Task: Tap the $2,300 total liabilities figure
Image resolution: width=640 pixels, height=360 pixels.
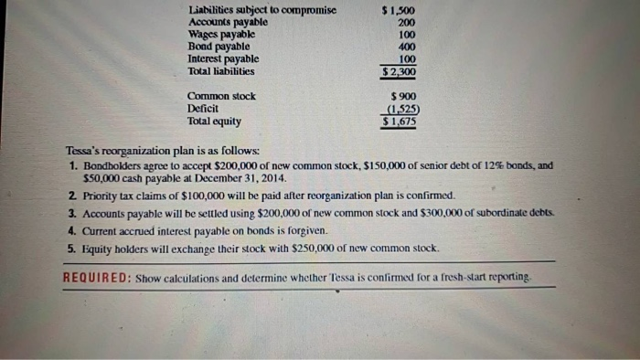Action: [400, 70]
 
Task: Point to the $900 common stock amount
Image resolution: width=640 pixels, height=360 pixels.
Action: [403, 96]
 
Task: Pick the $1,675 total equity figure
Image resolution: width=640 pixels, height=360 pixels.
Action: [400, 120]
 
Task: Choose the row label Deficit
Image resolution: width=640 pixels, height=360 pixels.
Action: [202, 108]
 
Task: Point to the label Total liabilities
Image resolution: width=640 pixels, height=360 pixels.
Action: [220, 70]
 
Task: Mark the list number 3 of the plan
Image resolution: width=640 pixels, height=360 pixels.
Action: [71, 212]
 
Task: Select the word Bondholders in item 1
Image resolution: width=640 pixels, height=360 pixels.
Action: [112, 167]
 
